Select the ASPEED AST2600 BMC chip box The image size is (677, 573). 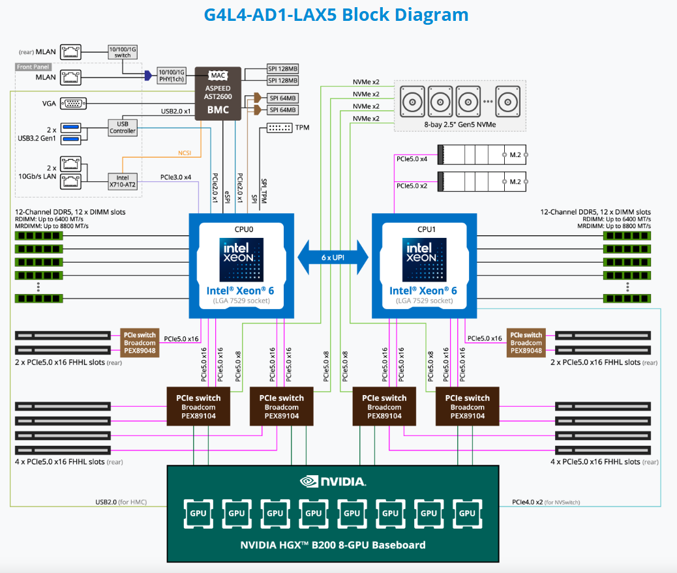(x=218, y=93)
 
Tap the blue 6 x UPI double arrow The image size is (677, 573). (x=333, y=257)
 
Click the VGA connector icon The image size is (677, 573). (x=70, y=103)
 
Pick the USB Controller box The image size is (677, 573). (x=123, y=127)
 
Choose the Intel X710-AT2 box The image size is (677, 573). (x=123, y=181)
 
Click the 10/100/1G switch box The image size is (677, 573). (x=122, y=51)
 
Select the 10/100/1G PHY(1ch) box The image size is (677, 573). (x=172, y=75)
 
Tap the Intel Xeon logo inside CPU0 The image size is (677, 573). (x=241, y=259)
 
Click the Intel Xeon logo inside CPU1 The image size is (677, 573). (x=424, y=259)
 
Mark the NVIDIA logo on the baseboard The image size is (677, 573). (x=333, y=482)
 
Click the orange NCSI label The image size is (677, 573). (x=185, y=154)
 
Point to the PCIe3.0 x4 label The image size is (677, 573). (x=175, y=177)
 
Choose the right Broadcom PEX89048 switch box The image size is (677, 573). (x=526, y=342)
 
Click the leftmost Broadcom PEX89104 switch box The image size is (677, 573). (x=198, y=407)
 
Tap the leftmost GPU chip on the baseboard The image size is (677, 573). (x=198, y=513)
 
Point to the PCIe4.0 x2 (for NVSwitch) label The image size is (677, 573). (x=545, y=502)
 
